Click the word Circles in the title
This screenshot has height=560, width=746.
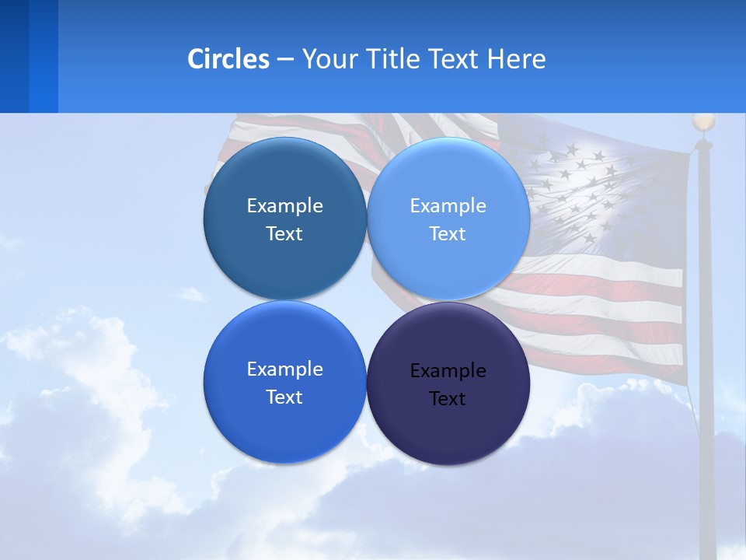[x=228, y=59]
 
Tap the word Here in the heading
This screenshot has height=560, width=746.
[x=517, y=59]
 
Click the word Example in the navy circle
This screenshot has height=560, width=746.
[x=448, y=371]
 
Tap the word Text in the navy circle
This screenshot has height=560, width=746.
[x=448, y=399]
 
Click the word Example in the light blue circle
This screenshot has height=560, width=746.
[x=448, y=206]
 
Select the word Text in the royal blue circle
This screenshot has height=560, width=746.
[x=284, y=397]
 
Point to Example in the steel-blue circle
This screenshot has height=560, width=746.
[x=284, y=206]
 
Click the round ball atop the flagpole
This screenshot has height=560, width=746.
[x=703, y=122]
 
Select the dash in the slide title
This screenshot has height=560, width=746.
[x=285, y=59]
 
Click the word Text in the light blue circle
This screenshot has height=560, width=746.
[x=448, y=234]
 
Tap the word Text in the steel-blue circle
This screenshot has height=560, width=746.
[x=284, y=234]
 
